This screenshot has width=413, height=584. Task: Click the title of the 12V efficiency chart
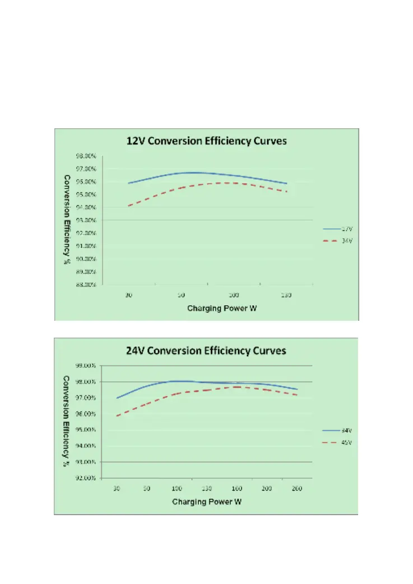click(206, 141)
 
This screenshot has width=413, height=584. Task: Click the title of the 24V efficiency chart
click(206, 351)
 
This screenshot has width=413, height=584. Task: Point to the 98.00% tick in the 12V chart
click(87, 156)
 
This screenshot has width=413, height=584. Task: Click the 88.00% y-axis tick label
click(87, 284)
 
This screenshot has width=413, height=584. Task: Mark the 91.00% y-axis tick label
click(87, 246)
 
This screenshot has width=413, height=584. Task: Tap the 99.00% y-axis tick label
click(87, 366)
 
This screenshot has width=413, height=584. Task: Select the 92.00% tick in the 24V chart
click(87, 478)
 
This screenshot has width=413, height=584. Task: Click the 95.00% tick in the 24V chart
click(87, 429)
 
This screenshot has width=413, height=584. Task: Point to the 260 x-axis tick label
click(297, 488)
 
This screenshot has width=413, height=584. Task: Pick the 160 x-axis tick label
click(236, 488)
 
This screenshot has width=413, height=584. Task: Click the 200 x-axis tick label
click(267, 488)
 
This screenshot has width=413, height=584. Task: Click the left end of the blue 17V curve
click(129, 183)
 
